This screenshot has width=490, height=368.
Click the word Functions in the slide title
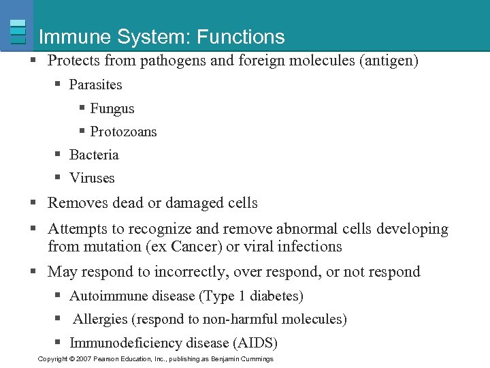click(242, 37)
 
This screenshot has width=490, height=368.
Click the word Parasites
click(95, 85)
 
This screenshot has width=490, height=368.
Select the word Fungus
click(112, 108)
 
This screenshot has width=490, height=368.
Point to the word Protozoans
click(123, 132)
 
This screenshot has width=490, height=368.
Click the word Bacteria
click(94, 155)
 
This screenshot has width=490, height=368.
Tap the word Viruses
click(92, 178)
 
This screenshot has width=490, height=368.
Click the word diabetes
click(276, 296)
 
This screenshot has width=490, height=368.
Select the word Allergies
click(100, 319)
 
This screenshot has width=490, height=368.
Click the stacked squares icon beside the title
click(18, 31)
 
